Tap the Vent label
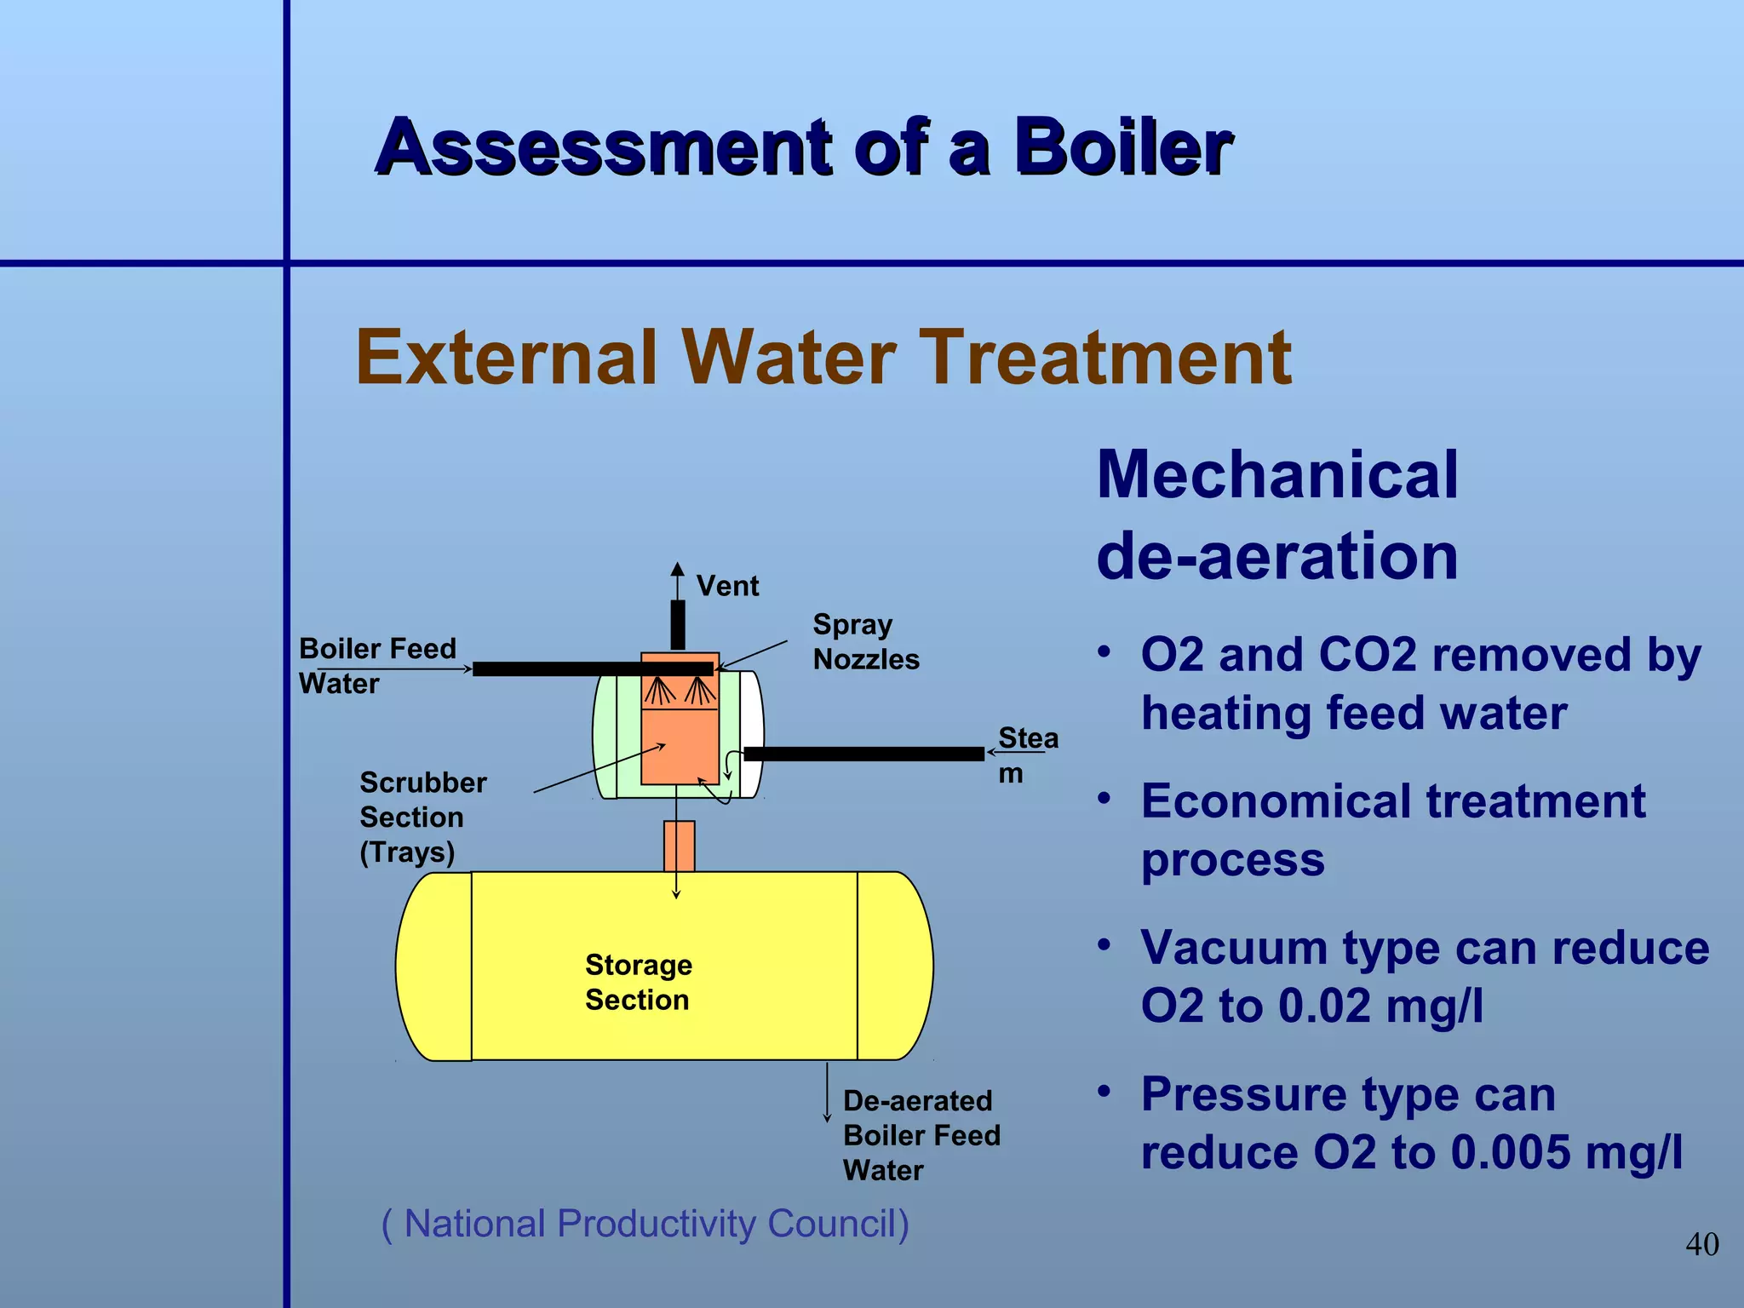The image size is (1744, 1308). coord(727,586)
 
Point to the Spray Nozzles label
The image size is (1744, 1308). coord(865,642)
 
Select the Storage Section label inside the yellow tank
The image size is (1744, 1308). coord(638,982)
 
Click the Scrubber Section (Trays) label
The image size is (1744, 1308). coord(422,817)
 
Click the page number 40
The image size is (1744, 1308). coord(1701,1244)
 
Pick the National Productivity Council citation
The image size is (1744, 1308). coord(645,1224)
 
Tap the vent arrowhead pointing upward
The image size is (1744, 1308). coord(677,569)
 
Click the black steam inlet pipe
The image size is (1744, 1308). coord(863,754)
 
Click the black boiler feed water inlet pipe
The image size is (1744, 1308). coord(592,668)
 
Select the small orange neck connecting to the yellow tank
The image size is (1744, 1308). coord(679,846)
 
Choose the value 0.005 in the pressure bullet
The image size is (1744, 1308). coord(1510,1152)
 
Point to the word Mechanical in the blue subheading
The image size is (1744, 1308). coord(1276,475)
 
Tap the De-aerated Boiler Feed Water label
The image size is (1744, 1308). coord(921,1135)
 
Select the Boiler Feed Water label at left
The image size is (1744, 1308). coord(377,666)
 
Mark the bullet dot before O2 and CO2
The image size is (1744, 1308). coord(1104,652)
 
